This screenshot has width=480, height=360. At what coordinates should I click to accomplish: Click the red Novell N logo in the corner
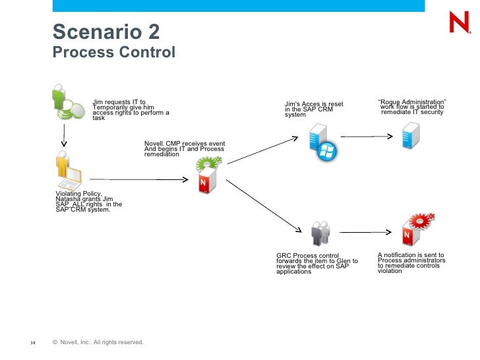(x=460, y=22)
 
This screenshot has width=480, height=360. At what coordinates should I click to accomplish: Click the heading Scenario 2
(x=106, y=32)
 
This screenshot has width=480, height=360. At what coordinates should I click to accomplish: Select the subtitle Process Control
(x=114, y=52)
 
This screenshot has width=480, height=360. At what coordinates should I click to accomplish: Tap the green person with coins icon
(x=68, y=102)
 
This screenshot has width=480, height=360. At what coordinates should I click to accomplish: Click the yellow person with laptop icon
(x=69, y=170)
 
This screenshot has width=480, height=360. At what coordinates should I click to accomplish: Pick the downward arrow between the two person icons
(x=64, y=135)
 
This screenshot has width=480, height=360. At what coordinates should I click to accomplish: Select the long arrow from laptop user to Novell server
(x=138, y=179)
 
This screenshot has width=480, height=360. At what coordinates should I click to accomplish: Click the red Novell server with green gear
(x=208, y=175)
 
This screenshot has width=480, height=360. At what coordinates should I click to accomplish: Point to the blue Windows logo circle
(x=326, y=151)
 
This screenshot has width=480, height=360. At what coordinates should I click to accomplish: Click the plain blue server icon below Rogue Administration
(x=411, y=135)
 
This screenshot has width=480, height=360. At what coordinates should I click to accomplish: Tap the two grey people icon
(x=320, y=233)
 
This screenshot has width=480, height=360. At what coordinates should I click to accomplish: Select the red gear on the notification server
(x=422, y=221)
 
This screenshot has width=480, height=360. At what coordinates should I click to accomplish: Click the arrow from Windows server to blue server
(x=367, y=136)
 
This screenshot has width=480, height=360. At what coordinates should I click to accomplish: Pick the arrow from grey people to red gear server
(x=365, y=232)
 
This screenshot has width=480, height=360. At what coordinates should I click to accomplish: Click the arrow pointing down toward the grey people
(x=264, y=206)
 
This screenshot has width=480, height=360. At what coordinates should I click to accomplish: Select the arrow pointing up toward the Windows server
(x=262, y=150)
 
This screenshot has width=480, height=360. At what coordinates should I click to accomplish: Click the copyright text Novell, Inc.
(x=75, y=342)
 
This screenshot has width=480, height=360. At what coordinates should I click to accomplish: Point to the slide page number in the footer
(x=33, y=343)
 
